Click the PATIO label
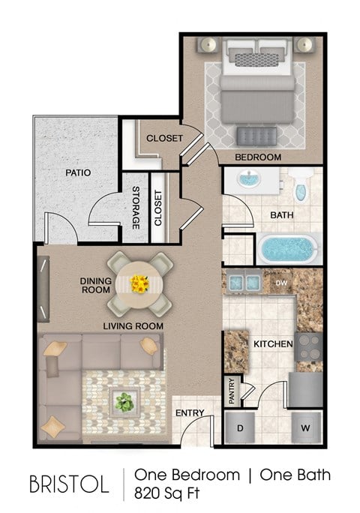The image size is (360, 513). pyautogui.click(x=77, y=172)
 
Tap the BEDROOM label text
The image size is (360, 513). pyautogui.click(x=258, y=157)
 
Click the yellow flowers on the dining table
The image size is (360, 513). pyautogui.click(x=139, y=283)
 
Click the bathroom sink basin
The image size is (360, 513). pyautogui.click(x=247, y=182)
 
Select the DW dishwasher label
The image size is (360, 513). pyautogui.click(x=280, y=283)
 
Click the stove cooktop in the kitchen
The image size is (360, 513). pyautogui.click(x=309, y=346)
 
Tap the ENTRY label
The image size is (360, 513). pyautogui.click(x=190, y=413)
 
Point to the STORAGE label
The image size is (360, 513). pyautogui.click(x=136, y=208)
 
